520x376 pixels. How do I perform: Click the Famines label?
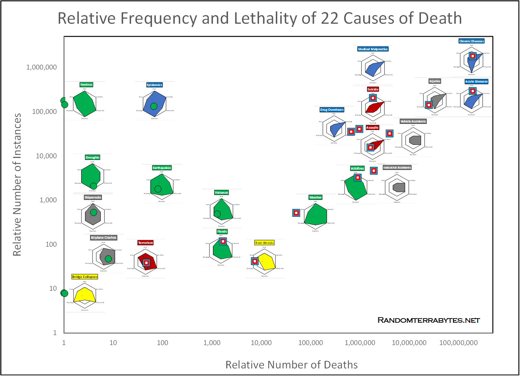[86, 85]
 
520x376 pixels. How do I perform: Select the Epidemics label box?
[154, 85]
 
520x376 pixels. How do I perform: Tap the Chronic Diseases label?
[472, 41]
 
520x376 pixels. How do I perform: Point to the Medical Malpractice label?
[373, 49]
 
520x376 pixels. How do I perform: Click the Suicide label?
[373, 89]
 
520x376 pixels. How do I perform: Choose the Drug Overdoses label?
[332, 110]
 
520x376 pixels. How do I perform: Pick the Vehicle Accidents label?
[413, 121]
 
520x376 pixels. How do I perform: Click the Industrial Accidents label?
[397, 168]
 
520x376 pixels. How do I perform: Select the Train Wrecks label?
[264, 243]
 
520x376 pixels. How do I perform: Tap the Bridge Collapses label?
[85, 277]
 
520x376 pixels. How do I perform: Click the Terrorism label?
[145, 243]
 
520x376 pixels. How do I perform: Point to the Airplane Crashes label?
[104, 238]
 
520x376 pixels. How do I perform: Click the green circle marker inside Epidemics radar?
[154, 106]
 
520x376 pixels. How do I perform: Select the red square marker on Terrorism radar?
[146, 263]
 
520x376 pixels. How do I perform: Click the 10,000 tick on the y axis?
[46, 156]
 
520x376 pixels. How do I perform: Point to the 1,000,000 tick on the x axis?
[360, 343]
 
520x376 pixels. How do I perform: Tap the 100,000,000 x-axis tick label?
[458, 343]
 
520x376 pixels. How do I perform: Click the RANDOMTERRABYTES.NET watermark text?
[429, 320]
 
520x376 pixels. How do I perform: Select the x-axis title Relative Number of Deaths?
[292, 365]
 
